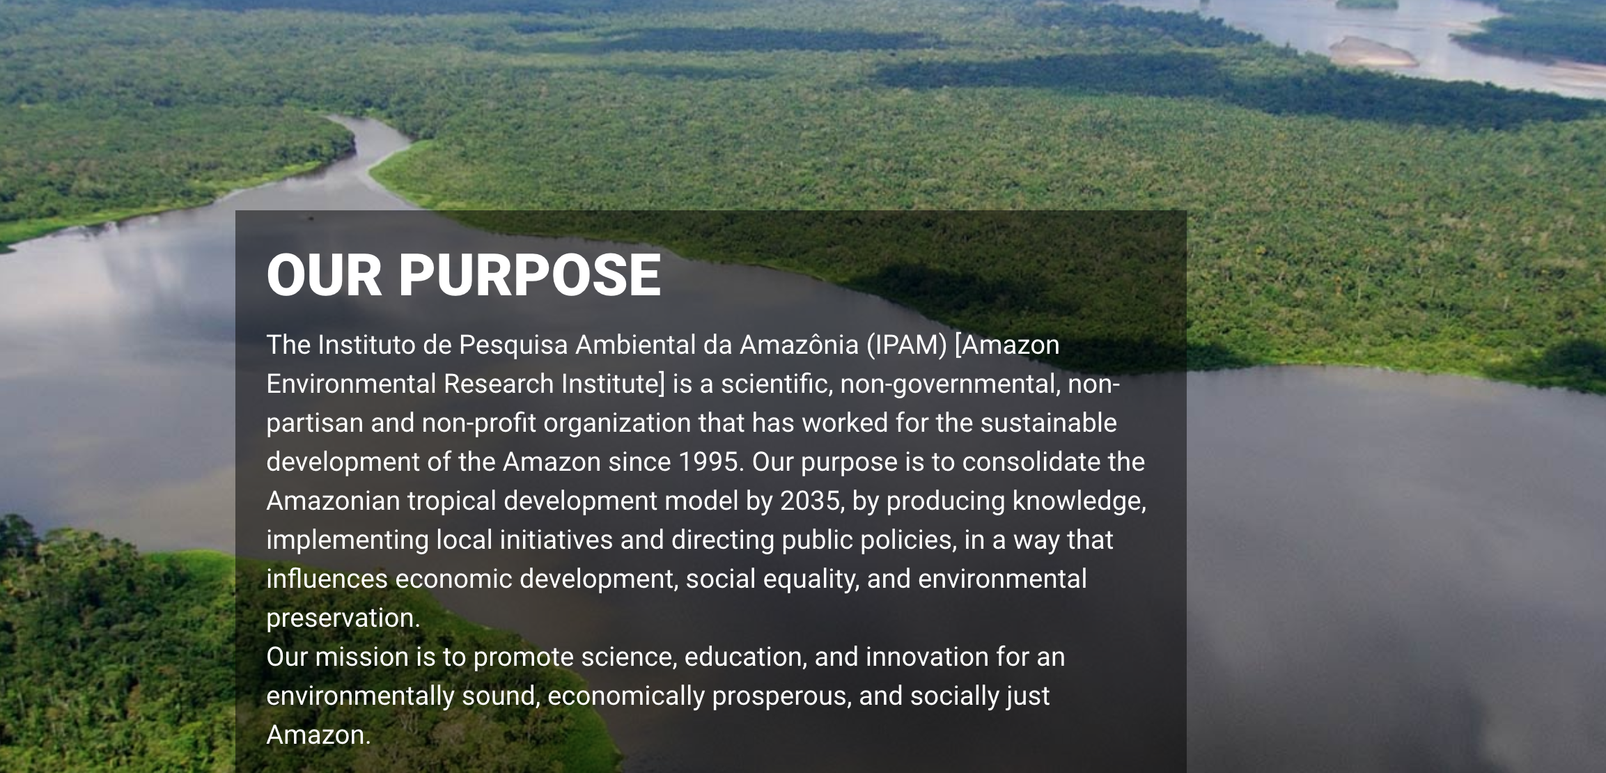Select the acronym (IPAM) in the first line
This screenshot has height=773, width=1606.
[x=907, y=345]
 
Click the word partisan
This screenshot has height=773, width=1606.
[x=315, y=423]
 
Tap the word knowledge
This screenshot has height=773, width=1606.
[x=1079, y=501]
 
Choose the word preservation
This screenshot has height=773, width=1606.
[x=343, y=618]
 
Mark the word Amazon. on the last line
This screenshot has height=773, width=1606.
[x=319, y=735]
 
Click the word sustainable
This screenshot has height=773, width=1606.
[x=1049, y=423]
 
